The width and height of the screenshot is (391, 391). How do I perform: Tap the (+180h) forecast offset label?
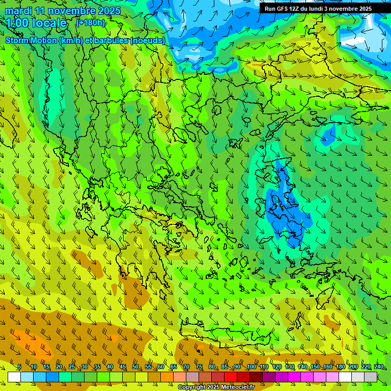point(90,22)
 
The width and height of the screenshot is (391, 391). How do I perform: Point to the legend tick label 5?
point(20,367)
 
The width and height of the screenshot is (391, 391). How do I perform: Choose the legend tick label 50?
point(135,367)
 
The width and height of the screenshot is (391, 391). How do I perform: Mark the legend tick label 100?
point(251,367)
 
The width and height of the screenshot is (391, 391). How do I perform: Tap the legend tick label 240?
point(378,367)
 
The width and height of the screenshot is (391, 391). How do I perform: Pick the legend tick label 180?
point(340,367)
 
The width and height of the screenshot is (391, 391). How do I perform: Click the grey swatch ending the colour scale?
point(371,377)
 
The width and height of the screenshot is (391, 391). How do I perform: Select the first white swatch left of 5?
point(14,377)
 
